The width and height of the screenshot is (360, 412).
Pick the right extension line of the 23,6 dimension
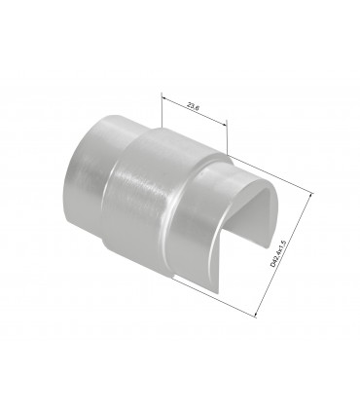pyautogui.click(x=227, y=137)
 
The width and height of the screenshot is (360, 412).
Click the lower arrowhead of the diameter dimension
pyautogui.click(x=259, y=314)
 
